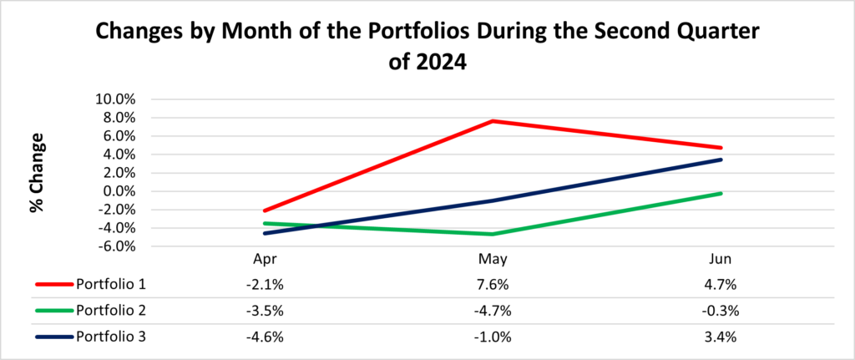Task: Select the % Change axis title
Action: click(x=37, y=171)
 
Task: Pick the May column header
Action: click(x=492, y=259)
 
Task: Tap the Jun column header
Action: click(x=721, y=259)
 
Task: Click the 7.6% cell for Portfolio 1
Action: click(x=492, y=283)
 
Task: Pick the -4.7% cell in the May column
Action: click(x=492, y=310)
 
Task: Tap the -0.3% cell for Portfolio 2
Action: click(x=721, y=310)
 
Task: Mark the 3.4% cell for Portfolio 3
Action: click(x=721, y=337)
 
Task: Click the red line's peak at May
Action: click(x=492, y=121)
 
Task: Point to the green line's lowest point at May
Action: click(x=492, y=234)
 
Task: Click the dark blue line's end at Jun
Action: click(x=721, y=160)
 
